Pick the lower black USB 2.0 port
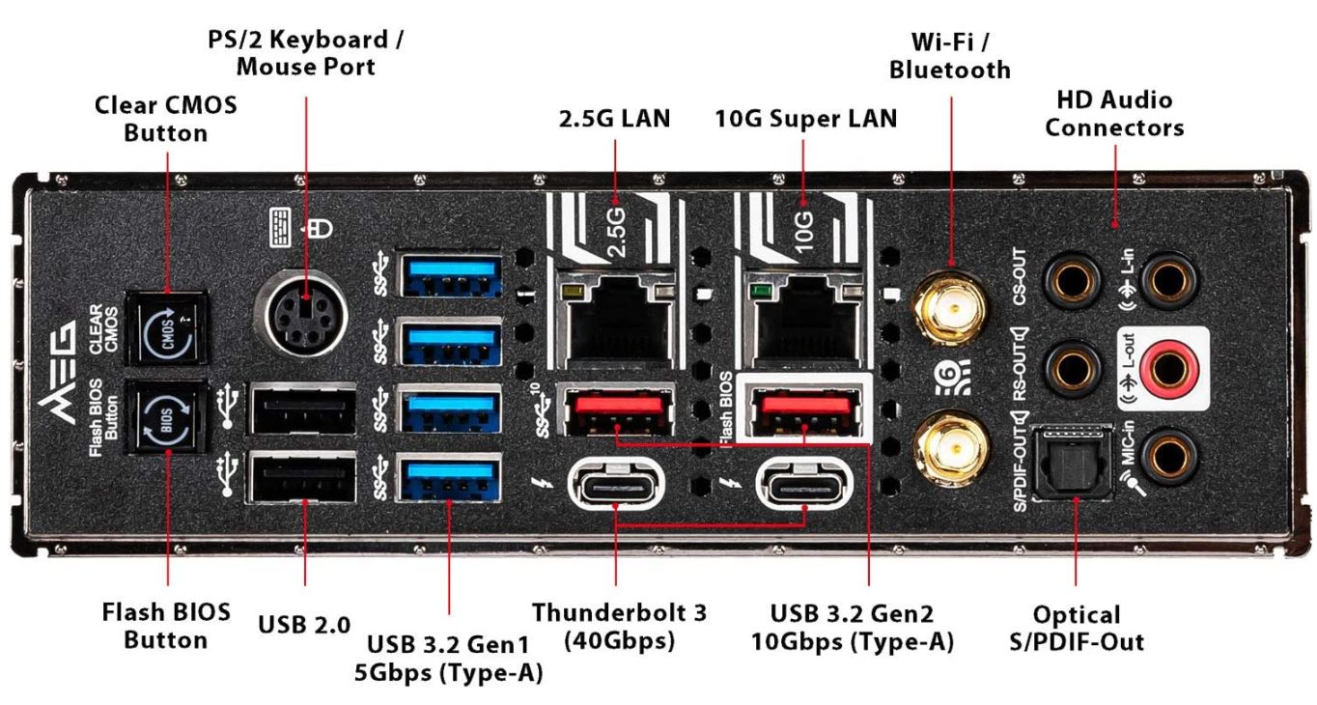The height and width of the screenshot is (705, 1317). tap(302, 478)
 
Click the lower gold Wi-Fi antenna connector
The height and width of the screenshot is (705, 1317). tap(951, 445)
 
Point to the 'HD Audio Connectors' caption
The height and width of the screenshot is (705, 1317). tap(1114, 113)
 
